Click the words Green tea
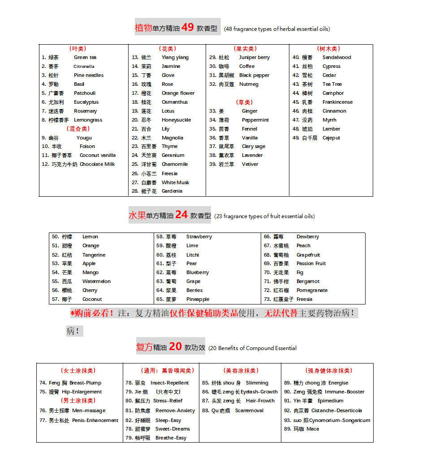(85, 57)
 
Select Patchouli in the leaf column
(85, 93)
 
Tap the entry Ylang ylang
(175, 57)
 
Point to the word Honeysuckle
(176, 120)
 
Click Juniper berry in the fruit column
(254, 57)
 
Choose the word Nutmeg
(249, 84)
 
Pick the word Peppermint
(255, 120)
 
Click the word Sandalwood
(337, 57)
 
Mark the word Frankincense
(337, 102)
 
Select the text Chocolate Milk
(97, 164)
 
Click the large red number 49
(188, 27)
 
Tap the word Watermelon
(96, 281)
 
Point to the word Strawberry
(199, 237)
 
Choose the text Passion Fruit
(311, 263)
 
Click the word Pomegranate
(312, 290)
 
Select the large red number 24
(181, 215)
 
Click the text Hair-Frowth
(260, 401)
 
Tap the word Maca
(313, 429)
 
